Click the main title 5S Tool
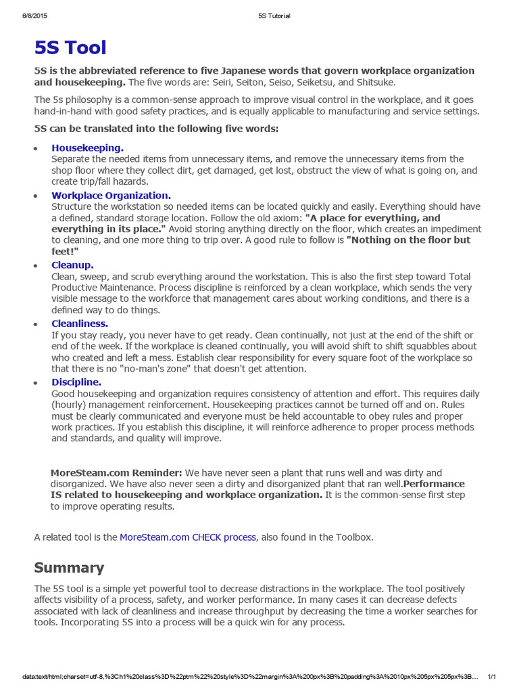(x=70, y=47)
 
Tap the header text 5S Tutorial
(x=274, y=16)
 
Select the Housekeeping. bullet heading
(x=87, y=148)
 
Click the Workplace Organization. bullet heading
(x=111, y=196)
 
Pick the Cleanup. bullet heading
(x=72, y=265)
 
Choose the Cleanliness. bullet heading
(x=80, y=323)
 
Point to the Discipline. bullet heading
(x=76, y=382)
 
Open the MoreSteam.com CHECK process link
(x=188, y=537)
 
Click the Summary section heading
(x=69, y=568)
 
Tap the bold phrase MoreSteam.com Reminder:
(x=116, y=472)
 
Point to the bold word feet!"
(x=66, y=251)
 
